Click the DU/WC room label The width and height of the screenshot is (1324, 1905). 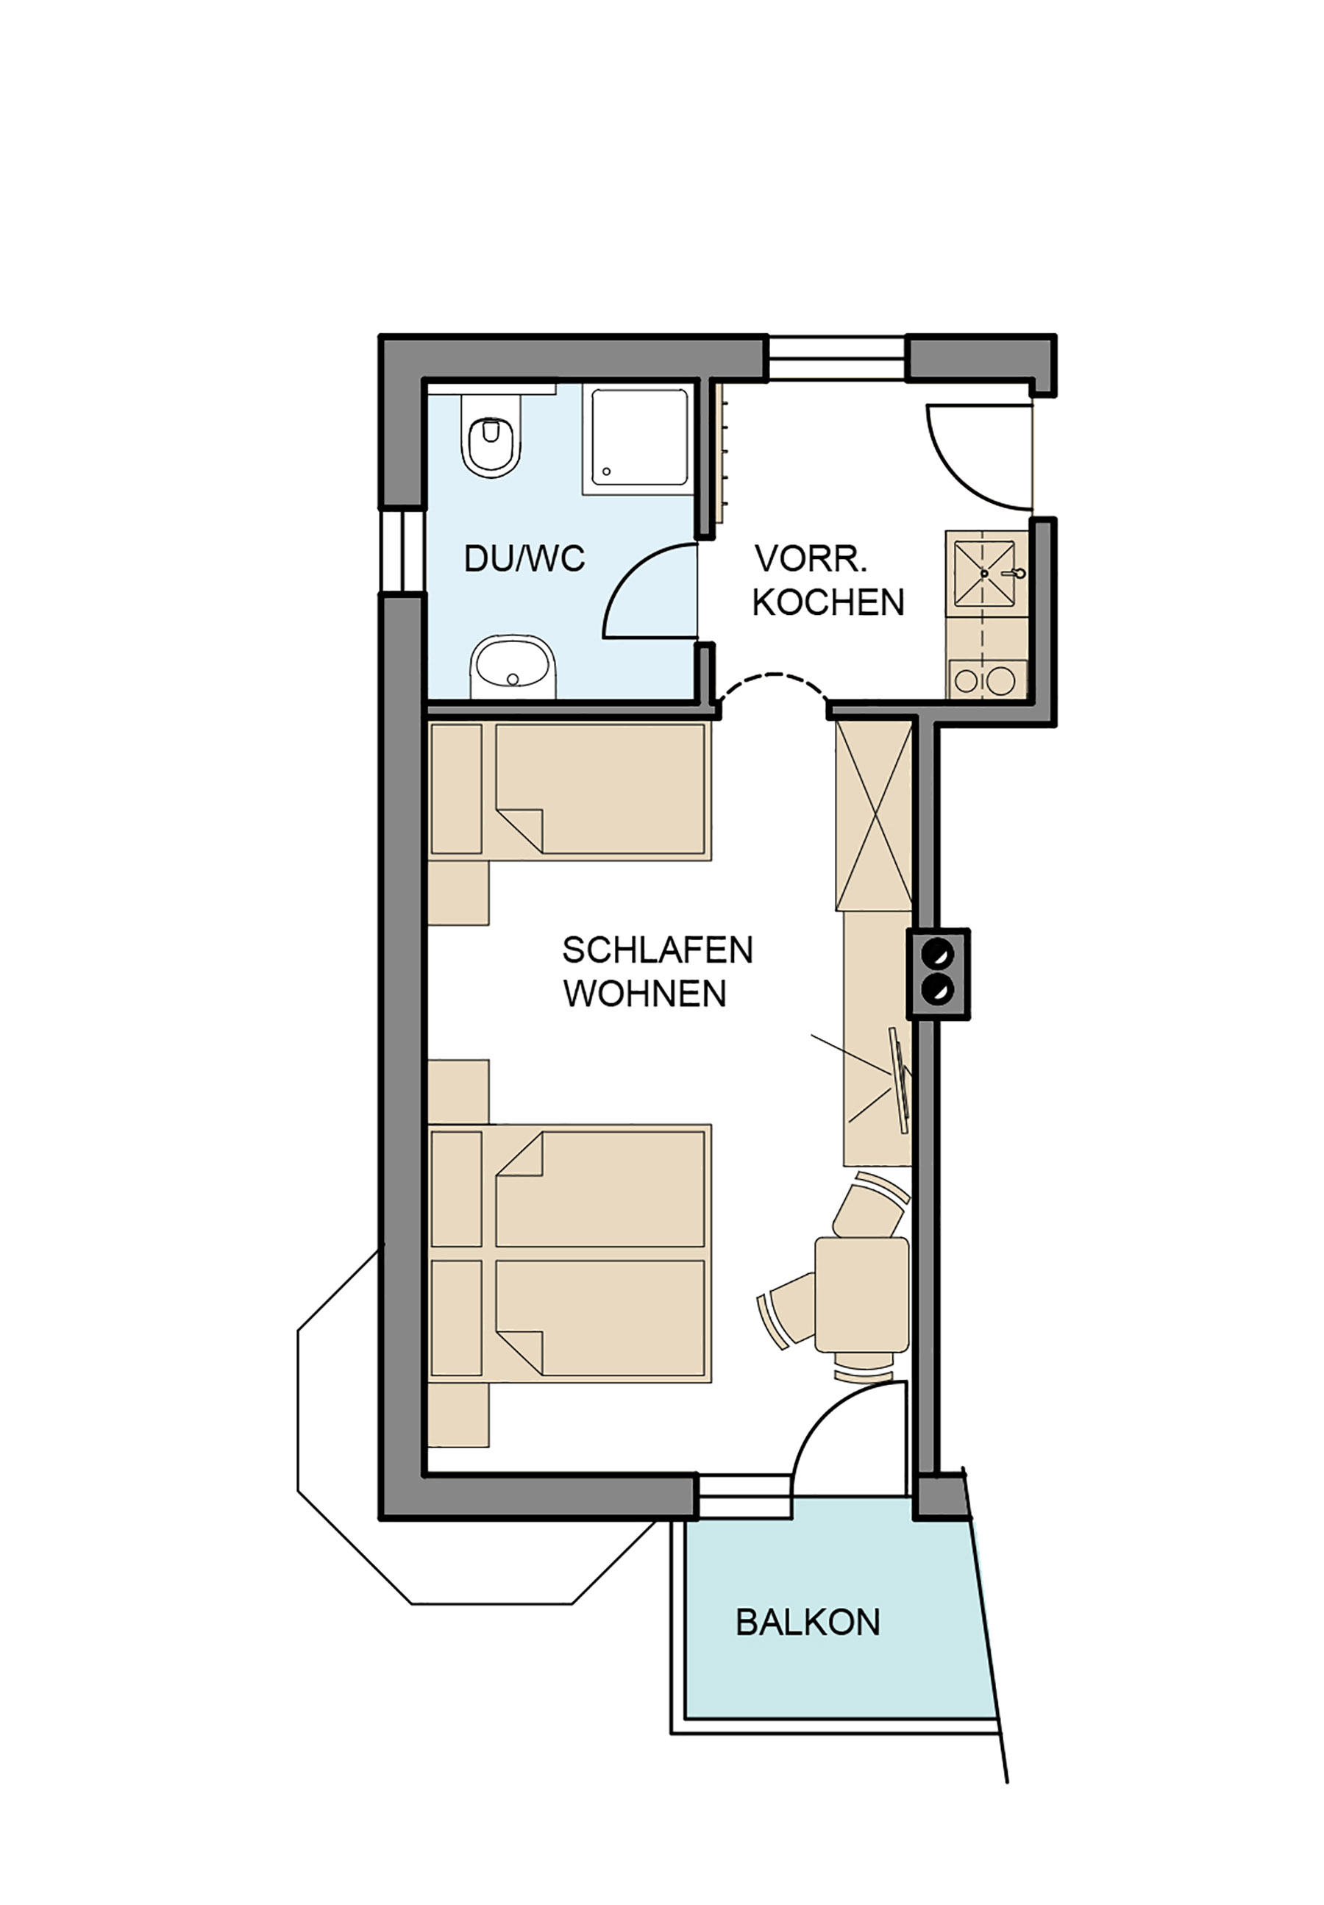coord(524,558)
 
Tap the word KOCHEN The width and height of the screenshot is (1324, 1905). coord(828,602)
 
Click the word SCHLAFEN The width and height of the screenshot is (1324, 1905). coord(657,950)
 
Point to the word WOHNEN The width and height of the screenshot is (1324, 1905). coord(644,993)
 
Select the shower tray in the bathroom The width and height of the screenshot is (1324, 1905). coord(638,438)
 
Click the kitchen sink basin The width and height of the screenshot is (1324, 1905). coord(985,574)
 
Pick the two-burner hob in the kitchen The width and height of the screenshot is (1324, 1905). coord(986,680)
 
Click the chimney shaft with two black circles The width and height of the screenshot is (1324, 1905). coord(939,973)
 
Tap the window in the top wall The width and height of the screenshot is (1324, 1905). coord(835,357)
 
